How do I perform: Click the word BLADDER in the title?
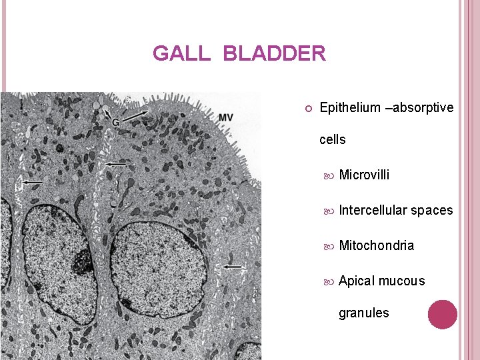point(275,53)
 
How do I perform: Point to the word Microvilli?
point(364,175)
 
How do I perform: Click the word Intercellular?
point(373,211)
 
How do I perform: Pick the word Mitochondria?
point(376,246)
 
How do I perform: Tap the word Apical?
point(357,281)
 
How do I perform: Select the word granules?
point(363,313)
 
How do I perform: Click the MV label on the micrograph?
point(225,118)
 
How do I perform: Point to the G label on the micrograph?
point(115,123)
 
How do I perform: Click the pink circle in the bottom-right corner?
point(442,315)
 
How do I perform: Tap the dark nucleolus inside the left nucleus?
point(82,261)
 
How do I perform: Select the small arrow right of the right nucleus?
point(234,267)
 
